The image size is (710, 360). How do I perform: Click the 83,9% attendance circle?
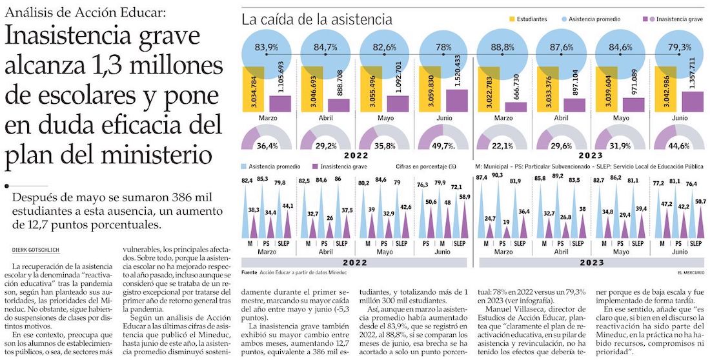(x=267, y=48)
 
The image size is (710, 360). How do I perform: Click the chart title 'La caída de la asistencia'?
(x=316, y=19)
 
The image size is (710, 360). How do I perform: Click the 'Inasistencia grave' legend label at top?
(x=679, y=19)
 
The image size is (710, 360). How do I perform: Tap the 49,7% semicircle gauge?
(x=442, y=140)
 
